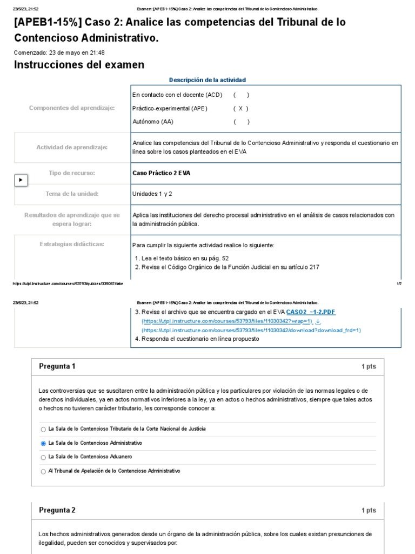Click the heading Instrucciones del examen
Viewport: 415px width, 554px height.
click(79, 65)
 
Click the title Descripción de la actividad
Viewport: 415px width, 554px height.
click(207, 80)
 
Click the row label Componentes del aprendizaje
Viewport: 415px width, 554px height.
click(72, 108)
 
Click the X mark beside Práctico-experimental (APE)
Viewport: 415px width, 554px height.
click(240, 108)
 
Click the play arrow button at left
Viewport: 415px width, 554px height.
click(21, 180)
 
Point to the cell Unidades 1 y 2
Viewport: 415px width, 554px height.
click(152, 194)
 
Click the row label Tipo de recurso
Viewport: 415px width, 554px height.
click(72, 173)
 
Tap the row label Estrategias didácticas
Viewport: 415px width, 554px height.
click(72, 244)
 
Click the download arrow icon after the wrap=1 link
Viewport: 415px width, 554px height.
click(318, 321)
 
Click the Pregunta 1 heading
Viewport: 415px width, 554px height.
click(57, 366)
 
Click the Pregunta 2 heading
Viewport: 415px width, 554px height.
click(57, 510)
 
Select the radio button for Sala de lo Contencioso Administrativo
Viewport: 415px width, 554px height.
click(43, 443)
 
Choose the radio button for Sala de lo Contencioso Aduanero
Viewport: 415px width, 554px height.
click(43, 457)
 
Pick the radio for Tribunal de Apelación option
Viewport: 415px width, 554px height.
click(43, 471)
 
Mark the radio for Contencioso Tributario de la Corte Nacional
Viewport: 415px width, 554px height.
click(43, 429)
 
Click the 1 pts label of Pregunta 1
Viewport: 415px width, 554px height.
click(369, 367)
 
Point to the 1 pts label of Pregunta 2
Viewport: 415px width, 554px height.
click(369, 511)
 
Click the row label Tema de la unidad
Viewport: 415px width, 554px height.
click(72, 194)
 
